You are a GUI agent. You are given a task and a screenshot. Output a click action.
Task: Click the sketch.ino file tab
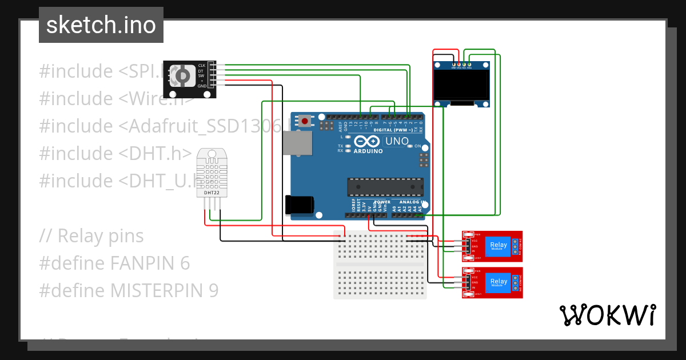coord(101,25)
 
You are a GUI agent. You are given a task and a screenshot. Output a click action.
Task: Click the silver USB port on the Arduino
coord(299,143)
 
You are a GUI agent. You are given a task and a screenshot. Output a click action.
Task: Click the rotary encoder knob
coord(183,75)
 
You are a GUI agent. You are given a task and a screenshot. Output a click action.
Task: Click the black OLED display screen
coord(462,85)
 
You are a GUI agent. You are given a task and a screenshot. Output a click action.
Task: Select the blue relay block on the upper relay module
coord(498,246)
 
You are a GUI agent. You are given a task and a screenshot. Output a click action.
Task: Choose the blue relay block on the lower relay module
coord(498,282)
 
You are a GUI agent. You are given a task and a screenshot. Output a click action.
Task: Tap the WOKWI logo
coord(607,315)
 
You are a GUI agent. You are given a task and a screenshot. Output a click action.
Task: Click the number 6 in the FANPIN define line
coord(185,263)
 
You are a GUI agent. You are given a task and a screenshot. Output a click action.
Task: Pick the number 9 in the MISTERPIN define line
coord(213,291)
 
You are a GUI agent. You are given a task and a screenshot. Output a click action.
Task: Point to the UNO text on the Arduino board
coord(397,141)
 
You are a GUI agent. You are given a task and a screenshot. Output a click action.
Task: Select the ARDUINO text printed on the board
coord(368,151)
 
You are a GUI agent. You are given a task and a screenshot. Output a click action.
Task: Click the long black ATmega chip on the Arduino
coord(385,187)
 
